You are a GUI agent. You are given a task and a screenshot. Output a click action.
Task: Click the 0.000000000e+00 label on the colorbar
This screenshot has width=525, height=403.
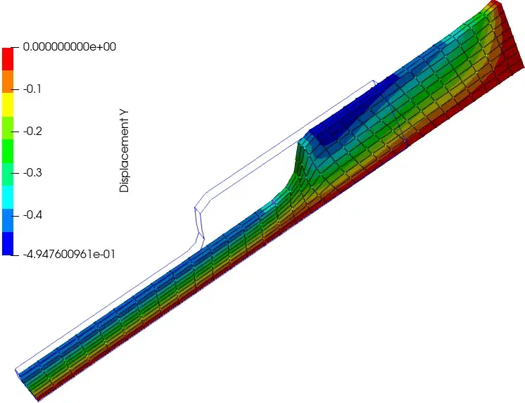(x=69, y=46)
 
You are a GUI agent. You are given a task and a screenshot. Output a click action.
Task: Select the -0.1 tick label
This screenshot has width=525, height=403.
(x=32, y=89)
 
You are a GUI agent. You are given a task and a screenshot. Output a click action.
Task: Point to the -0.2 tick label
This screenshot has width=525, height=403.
(x=32, y=131)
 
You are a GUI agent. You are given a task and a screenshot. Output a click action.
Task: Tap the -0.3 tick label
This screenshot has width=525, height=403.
(x=32, y=173)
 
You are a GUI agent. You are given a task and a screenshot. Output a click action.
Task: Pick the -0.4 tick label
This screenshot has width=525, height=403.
(x=32, y=215)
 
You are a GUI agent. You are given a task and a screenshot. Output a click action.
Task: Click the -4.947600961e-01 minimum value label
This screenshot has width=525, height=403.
(x=69, y=255)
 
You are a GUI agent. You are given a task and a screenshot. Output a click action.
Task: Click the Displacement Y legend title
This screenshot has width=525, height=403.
(x=124, y=151)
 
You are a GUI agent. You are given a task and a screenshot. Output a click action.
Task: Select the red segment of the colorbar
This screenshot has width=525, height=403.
(x=8, y=59)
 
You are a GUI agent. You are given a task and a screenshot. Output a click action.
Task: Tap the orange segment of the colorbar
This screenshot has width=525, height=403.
(x=8, y=82)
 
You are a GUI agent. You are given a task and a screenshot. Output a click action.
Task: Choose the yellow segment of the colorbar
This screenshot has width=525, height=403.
(x=8, y=104)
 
